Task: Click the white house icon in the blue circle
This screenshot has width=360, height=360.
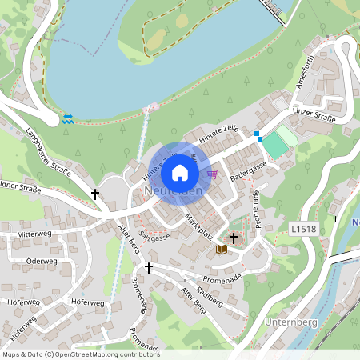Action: coord(180,172)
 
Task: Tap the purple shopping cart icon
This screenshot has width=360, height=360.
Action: coord(212,173)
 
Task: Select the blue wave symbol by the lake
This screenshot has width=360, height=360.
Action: coord(67,118)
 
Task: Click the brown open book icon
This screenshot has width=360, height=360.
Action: coord(221,250)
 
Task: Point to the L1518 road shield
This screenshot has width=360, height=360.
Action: coord(303,229)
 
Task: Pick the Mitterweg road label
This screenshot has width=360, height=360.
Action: coord(34,233)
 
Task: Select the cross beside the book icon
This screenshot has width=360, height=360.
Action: coord(234,238)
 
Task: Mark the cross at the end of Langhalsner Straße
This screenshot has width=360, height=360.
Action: coord(95,194)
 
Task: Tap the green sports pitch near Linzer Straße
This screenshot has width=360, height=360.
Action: coord(278,145)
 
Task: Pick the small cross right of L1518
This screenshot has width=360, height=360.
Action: coord(335,218)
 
